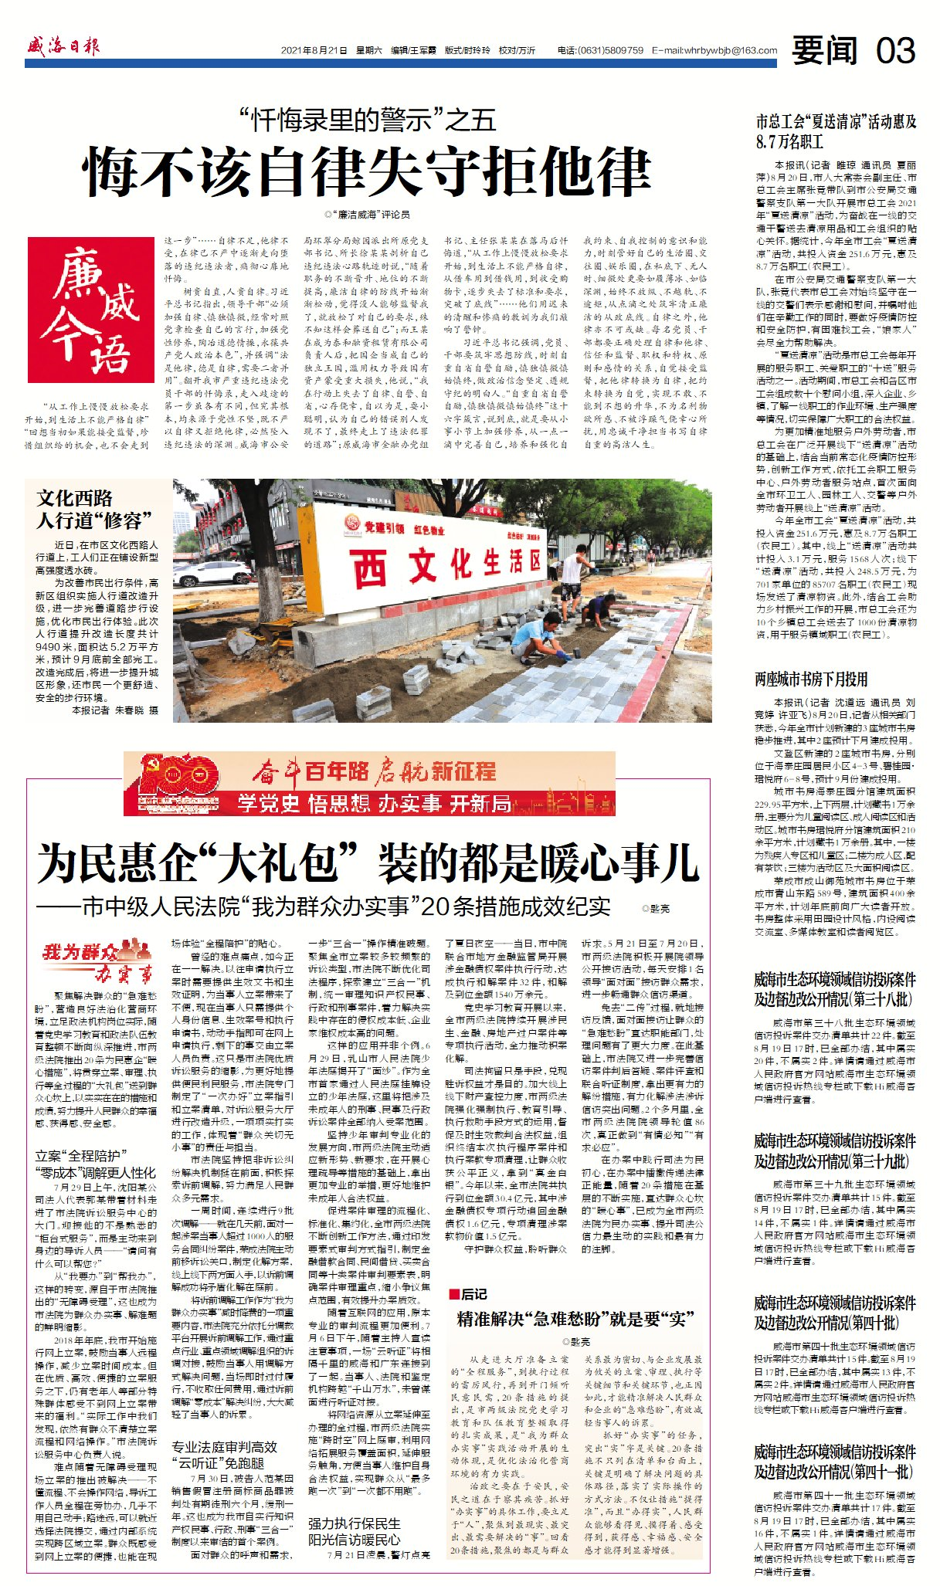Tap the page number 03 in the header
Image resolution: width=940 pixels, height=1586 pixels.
(895, 51)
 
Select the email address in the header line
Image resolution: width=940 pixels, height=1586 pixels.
(714, 50)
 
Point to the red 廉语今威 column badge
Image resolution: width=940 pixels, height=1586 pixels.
(90, 310)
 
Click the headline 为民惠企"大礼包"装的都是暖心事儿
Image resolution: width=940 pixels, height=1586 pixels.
(368, 863)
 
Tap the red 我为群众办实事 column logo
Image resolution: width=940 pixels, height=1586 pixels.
(97, 959)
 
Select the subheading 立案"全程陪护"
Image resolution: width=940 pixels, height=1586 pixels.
(81, 1155)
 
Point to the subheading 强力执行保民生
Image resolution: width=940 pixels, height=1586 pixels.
(355, 1523)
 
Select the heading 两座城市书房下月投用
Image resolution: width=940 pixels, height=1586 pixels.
(811, 679)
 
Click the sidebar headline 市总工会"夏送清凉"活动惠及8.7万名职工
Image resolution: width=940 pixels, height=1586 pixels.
(836, 131)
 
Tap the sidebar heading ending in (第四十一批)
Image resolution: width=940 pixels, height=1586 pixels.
(834, 1461)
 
